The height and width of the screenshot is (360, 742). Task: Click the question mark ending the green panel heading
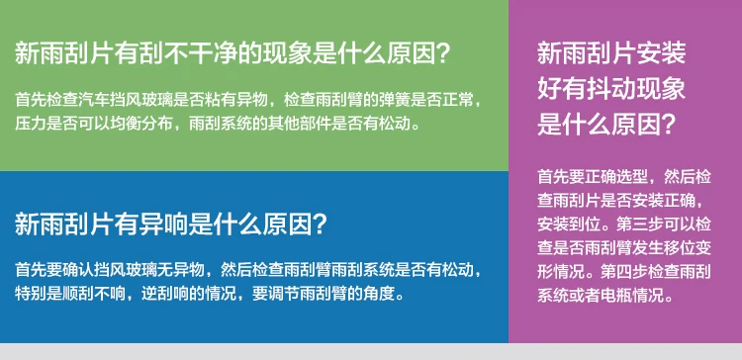click(x=441, y=53)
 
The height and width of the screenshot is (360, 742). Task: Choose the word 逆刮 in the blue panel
click(x=157, y=294)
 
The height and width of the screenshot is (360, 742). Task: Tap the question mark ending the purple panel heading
click(x=667, y=125)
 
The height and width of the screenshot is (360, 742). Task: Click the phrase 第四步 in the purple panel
click(x=624, y=272)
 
